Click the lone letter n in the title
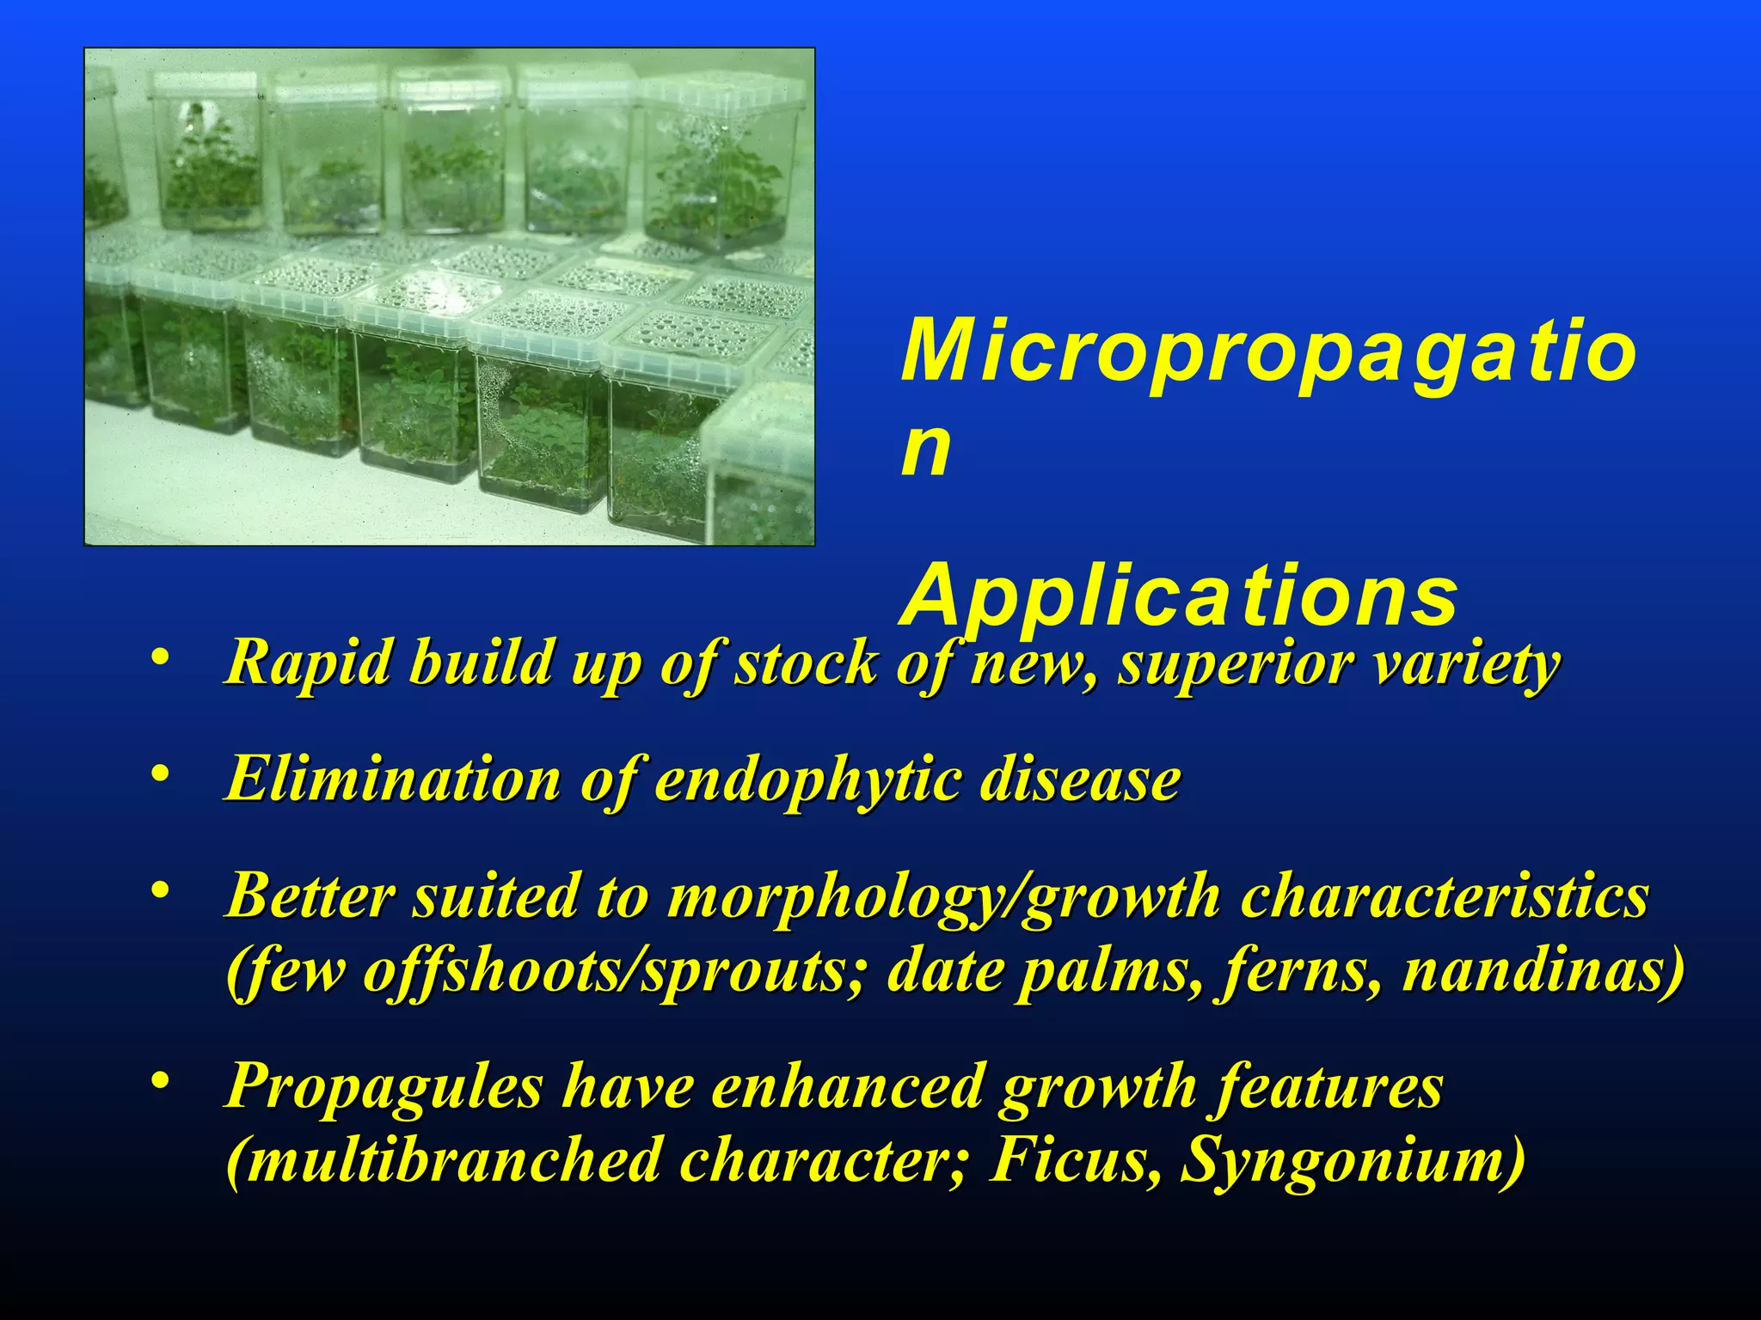[925, 449]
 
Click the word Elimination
[393, 779]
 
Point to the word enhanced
[847, 1085]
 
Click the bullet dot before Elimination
[158, 775]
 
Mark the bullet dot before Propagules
[158, 1080]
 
